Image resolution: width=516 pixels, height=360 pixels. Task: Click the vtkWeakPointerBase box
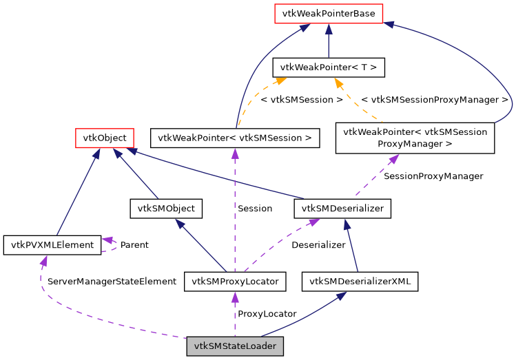click(x=328, y=13)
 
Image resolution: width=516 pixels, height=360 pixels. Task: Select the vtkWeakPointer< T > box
click(x=328, y=67)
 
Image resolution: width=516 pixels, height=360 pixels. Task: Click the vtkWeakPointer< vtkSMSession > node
click(x=235, y=138)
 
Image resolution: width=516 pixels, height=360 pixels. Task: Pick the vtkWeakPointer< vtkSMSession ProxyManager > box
click(x=415, y=138)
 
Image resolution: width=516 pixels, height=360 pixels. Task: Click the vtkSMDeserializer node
click(x=342, y=208)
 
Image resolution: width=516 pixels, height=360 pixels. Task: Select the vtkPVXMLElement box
click(x=52, y=244)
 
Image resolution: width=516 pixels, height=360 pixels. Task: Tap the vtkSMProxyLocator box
click(x=235, y=281)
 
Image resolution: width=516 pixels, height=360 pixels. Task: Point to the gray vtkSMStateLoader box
click(x=235, y=346)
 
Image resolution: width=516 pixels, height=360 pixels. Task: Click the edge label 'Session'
click(x=254, y=208)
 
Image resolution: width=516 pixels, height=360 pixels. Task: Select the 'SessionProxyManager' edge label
click(x=433, y=176)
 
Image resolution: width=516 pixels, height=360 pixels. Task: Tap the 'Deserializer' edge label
click(x=318, y=244)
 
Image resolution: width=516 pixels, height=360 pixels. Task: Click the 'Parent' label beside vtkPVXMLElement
click(x=134, y=244)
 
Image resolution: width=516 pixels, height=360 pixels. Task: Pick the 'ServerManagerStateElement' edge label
click(x=112, y=282)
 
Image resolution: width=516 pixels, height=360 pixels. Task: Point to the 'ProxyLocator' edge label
click(x=267, y=314)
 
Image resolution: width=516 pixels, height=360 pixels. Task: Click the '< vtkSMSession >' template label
click(x=302, y=100)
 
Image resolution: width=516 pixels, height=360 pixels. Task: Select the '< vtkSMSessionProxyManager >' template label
click(x=434, y=100)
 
